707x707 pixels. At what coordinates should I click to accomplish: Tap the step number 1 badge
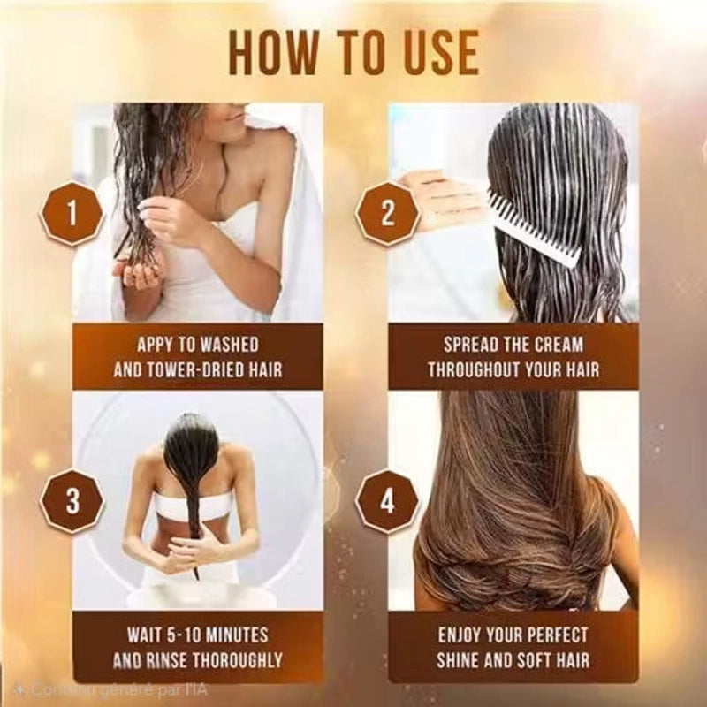72,214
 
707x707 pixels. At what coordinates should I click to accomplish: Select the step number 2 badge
388,214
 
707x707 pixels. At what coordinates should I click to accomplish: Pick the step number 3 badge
72,501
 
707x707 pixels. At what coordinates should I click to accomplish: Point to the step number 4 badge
388,501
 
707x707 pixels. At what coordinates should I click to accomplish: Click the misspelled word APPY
156,345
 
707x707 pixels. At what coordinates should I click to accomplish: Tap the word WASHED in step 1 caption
229,345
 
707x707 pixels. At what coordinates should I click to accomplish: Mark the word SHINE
458,660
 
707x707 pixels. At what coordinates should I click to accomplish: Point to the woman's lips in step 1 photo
234,117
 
